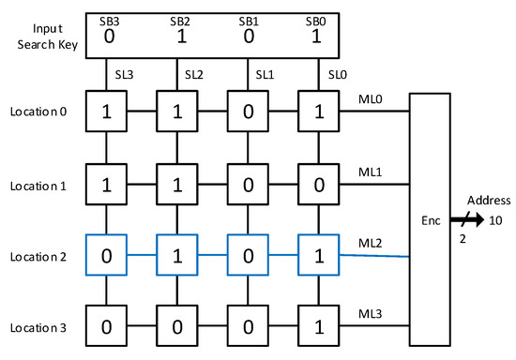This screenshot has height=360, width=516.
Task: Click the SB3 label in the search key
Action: coord(109,22)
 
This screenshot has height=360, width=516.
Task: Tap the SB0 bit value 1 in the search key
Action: coord(316,37)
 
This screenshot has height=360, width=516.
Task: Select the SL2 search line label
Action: coord(194,75)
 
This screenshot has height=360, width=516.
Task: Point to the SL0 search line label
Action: coord(338,75)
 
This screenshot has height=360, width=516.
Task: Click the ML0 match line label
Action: coord(371,99)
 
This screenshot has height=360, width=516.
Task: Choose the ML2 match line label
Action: coord(371,243)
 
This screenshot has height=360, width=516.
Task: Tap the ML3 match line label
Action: coord(371,314)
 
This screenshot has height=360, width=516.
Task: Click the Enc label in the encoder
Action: coord(431,220)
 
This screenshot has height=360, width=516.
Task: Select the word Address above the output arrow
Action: coord(489,201)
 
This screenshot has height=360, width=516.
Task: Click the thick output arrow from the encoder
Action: coord(467,219)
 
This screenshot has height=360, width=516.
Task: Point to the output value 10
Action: coord(495,220)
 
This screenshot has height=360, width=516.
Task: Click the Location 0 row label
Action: coord(38,112)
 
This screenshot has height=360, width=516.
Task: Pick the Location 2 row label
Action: coord(38,257)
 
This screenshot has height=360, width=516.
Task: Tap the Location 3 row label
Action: coord(38,328)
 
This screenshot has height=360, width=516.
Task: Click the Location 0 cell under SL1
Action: coord(248,112)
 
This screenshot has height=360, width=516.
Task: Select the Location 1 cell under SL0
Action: coord(319,185)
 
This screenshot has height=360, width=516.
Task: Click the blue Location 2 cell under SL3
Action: coord(106,255)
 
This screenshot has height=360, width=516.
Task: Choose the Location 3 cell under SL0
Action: coord(319,326)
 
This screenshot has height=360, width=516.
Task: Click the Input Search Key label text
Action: coord(48,37)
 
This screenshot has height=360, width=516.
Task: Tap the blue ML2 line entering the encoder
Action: coord(374,256)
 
